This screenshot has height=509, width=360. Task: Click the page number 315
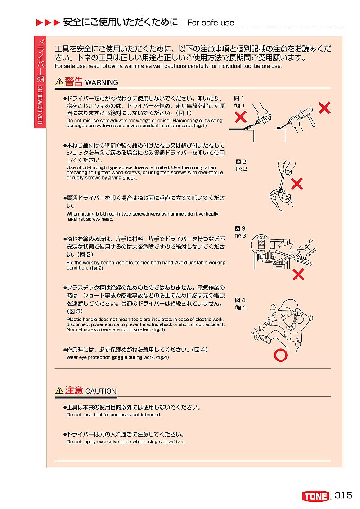tap(343, 495)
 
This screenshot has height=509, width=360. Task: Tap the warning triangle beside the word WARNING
tap(59, 81)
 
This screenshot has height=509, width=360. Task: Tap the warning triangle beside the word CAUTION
tap(59, 390)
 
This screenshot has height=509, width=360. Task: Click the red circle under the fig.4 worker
tap(280, 355)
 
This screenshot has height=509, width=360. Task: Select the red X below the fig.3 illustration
tap(298, 275)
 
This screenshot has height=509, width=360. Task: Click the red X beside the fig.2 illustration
tap(297, 184)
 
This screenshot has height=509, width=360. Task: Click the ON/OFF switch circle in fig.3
tap(261, 245)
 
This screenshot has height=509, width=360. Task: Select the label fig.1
tap(239, 105)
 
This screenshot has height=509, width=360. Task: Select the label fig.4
tap(241, 307)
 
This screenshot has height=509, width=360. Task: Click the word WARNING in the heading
tap(102, 82)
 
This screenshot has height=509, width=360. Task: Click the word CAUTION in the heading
tap(101, 391)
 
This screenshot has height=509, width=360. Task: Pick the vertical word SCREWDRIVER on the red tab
tap(40, 104)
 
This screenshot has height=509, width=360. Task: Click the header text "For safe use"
tap(211, 23)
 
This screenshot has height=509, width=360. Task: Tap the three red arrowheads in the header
tap(48, 23)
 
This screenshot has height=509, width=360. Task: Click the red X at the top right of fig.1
tap(324, 108)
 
